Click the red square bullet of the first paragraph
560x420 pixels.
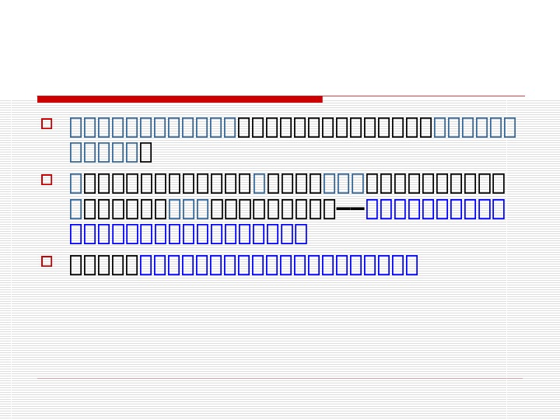(47, 124)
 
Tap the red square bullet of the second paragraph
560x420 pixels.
(47, 180)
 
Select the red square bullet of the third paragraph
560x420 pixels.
(47, 261)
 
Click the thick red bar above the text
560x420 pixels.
(180, 99)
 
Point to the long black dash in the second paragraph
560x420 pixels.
(350, 208)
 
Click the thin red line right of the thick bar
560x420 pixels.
(423, 96)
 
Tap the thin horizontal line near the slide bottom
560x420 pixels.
(280, 379)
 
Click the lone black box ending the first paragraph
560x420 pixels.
(145, 152)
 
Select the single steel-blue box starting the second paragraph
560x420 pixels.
(75, 184)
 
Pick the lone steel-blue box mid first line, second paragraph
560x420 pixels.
(259, 184)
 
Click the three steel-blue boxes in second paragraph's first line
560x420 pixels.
(343, 184)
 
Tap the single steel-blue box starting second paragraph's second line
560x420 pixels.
(75, 208)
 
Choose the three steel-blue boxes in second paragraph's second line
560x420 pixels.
(188, 208)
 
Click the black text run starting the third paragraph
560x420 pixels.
(103, 264)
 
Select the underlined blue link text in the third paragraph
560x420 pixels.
(278, 264)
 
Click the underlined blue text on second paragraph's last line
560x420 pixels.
(188, 233)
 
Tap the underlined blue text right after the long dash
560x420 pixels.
(435, 208)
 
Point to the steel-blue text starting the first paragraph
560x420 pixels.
(152, 127)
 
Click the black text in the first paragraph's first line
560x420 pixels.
(334, 127)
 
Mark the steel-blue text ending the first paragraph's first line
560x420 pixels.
(474, 127)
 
